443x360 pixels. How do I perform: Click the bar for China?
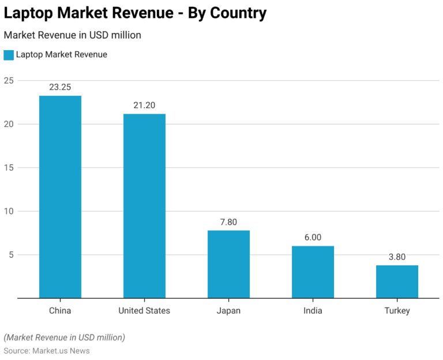60,197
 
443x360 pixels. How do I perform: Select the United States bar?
144,206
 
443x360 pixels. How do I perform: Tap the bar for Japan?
228,264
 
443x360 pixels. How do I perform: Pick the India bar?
313,272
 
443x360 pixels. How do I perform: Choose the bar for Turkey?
397,282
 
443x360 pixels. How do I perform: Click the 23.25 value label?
60,87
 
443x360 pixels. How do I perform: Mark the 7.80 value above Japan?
228,222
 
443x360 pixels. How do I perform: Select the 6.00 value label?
313,237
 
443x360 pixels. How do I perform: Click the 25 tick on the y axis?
8,80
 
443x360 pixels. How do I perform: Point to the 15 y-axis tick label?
8,167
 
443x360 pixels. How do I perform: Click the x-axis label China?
60,310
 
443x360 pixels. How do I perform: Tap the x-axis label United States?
144,310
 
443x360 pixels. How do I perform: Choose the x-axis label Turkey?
397,310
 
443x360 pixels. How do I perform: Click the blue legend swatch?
8,55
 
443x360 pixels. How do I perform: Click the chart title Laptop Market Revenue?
135,13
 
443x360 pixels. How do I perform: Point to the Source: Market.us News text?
47,350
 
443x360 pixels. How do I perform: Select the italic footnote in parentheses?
64,337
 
